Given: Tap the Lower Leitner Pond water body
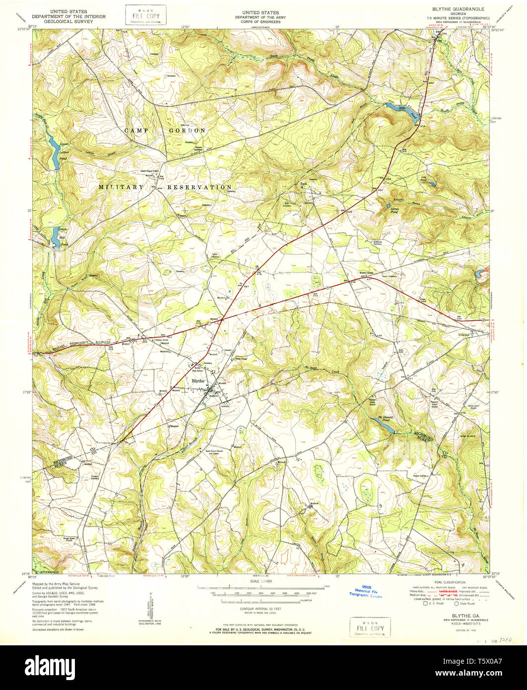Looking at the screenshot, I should [54, 151].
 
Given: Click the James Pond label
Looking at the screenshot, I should [394, 209].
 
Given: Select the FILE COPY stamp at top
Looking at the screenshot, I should [145, 14].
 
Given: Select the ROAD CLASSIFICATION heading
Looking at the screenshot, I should [450, 582].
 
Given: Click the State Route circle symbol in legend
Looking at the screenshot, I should [457, 604].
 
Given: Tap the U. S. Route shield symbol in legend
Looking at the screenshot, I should [425, 604].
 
